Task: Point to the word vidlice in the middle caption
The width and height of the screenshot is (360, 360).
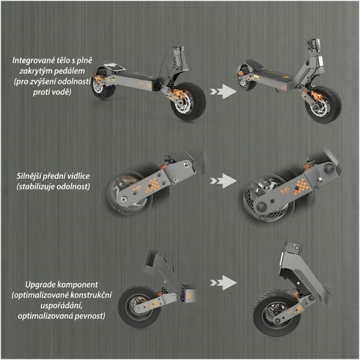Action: coord(78,176)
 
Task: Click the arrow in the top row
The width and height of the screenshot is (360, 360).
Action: coord(223,92)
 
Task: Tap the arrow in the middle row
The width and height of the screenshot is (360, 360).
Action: coord(223,181)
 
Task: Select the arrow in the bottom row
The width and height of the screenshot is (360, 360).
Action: coord(223,283)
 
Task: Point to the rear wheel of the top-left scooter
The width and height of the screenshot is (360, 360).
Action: coord(103,83)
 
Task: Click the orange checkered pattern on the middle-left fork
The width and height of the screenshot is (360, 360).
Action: coord(153,184)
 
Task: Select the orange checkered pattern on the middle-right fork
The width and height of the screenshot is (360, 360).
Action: coord(301,187)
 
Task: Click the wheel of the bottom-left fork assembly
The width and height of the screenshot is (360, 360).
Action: coord(138,306)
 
